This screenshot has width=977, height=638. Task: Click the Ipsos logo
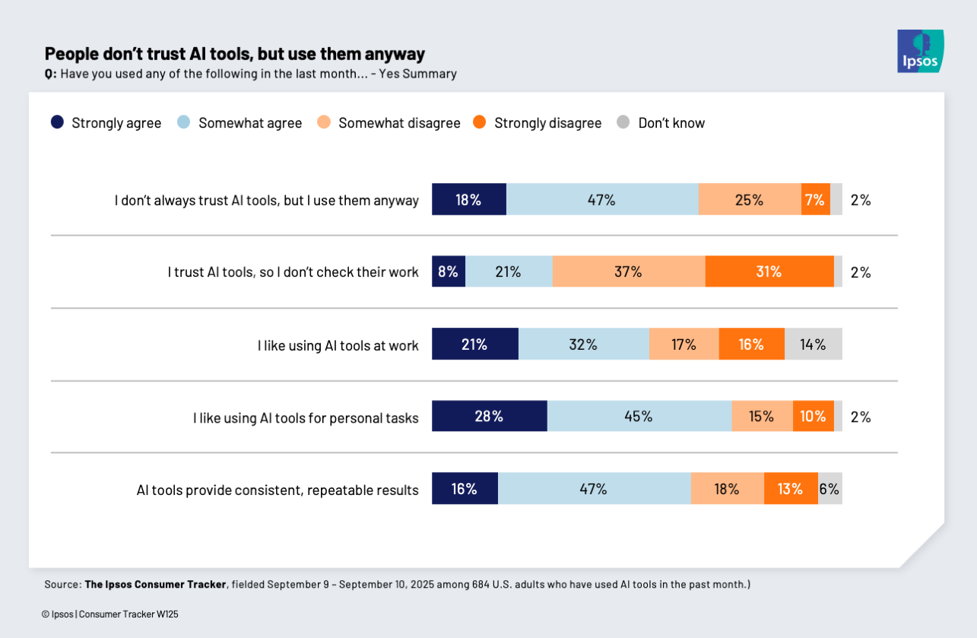pos(920,51)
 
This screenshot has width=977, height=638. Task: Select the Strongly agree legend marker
pos(57,122)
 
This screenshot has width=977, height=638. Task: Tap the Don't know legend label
pos(671,122)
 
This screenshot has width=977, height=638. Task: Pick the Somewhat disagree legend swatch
pos(324,122)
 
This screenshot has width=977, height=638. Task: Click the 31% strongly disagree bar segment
pos(769,271)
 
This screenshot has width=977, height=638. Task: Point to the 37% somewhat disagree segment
pos(629,271)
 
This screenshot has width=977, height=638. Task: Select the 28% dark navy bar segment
pos(489,416)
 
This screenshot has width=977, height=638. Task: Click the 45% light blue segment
pos(639,416)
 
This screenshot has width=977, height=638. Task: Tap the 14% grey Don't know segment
pos(813,344)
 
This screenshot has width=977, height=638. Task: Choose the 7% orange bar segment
pos(815,200)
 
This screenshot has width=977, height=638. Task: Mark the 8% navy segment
pos(449,271)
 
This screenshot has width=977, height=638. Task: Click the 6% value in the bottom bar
pos(829,489)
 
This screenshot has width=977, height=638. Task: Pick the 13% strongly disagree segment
pos(790,489)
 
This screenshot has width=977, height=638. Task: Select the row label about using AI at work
pos(338,345)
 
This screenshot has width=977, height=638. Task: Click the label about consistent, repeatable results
pos(278,490)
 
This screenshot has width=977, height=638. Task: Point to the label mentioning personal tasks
pos(306,417)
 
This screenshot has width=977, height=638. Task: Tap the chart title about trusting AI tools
pos(234,54)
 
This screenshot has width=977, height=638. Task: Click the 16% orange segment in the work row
pos(751,344)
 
